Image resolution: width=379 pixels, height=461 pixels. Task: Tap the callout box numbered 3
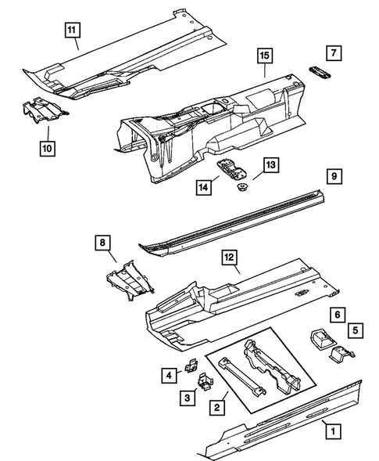click(188, 398)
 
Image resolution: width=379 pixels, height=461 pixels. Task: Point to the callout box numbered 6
click(338, 313)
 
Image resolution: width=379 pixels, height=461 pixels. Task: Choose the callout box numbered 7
click(334, 53)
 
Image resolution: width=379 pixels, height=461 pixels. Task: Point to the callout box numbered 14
click(204, 186)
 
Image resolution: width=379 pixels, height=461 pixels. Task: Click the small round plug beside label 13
click(241, 186)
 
